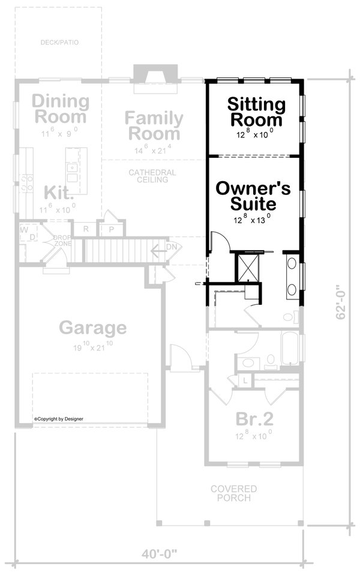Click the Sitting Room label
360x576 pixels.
(x=256, y=112)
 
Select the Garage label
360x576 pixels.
(x=93, y=328)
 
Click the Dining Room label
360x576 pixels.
(x=60, y=108)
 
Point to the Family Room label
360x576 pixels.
(x=152, y=125)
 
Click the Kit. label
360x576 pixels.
(x=59, y=193)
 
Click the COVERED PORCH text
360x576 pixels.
(x=233, y=493)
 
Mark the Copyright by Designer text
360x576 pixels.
(x=59, y=419)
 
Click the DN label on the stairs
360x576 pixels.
(x=172, y=247)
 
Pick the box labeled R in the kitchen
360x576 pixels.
(x=86, y=229)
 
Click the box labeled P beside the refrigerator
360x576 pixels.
(x=112, y=229)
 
